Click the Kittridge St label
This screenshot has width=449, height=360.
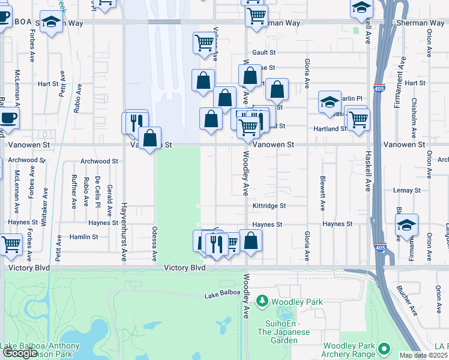coord(269,206)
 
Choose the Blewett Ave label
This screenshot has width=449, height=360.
coord(322,197)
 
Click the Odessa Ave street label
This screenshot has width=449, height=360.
coord(154,247)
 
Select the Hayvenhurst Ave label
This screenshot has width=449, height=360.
coord(124,230)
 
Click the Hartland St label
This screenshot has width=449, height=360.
coord(331,129)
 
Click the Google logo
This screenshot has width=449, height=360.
coord(20,353)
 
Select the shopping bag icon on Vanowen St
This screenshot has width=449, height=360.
coord(150,138)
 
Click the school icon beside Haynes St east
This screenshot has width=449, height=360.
coord(407,226)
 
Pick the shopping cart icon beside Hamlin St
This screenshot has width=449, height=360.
coord(11,244)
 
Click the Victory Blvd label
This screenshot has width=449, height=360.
coord(185,268)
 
